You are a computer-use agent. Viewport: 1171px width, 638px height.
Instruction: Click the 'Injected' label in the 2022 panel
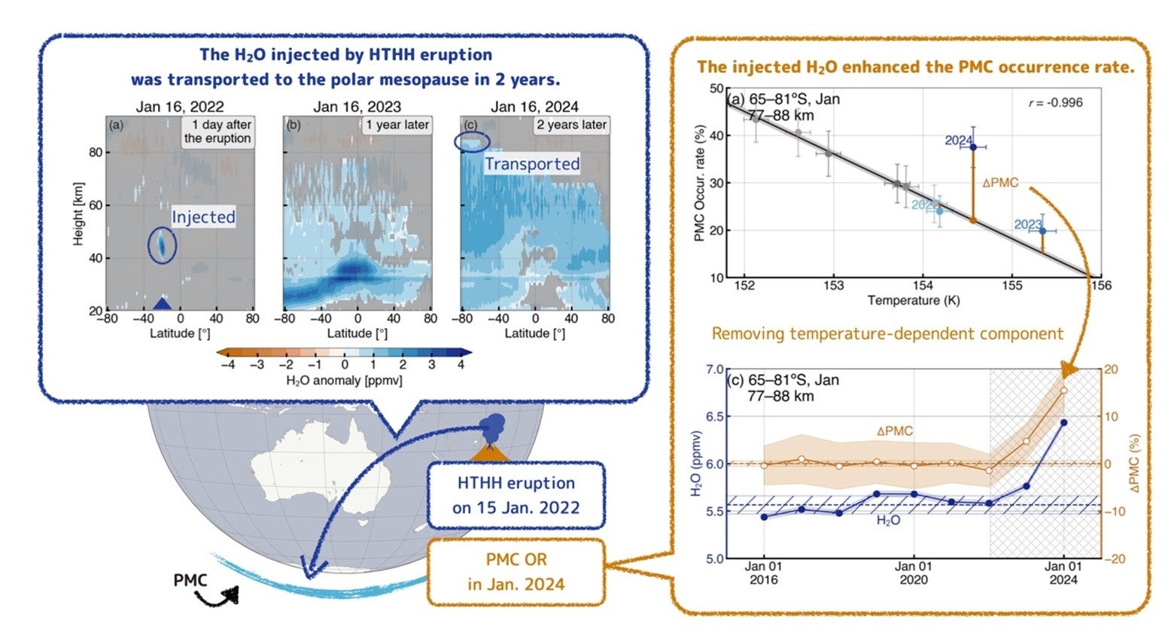pos(203,217)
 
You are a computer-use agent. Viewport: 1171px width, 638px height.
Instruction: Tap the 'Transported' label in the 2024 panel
pos(531,164)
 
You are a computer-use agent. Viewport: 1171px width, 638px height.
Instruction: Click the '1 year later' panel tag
pos(397,125)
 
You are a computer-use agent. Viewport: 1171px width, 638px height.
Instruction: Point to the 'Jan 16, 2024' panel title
pos(534,107)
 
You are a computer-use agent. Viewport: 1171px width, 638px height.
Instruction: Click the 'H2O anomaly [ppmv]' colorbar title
pos(344,381)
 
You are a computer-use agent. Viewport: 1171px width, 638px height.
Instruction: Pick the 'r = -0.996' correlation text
pos(1055,102)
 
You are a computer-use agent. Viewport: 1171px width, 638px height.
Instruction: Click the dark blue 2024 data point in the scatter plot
pos(973,147)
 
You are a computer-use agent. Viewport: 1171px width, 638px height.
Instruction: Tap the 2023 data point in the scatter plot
pos(1042,230)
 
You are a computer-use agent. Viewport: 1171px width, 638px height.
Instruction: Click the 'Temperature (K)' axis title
pos(914,300)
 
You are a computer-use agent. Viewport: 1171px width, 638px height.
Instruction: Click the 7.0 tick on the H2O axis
pos(713,370)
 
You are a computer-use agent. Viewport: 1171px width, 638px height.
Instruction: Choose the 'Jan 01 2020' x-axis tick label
pos(914,573)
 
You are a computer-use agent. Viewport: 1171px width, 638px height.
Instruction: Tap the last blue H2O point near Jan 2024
pos(1063,423)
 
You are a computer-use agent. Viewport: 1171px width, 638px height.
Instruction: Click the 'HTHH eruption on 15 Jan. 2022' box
pos(516,495)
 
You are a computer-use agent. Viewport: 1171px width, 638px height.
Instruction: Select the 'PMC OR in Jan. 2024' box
pos(516,572)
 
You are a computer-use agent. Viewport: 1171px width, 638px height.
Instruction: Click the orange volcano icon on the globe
pos(488,451)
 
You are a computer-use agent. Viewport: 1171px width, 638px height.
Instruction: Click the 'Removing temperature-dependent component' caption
pos(887,333)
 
